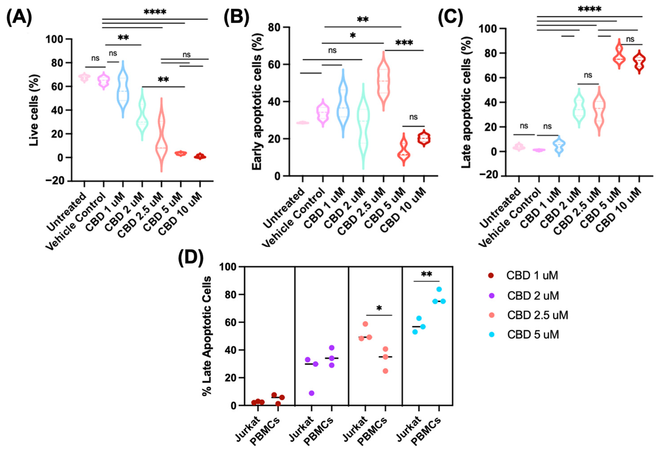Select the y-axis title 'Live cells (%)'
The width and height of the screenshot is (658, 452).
click(34, 110)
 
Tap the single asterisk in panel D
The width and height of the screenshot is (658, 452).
click(379, 308)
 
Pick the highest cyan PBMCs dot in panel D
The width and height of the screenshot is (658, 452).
click(439, 289)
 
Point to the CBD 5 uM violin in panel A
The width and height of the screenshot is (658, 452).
click(181, 153)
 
